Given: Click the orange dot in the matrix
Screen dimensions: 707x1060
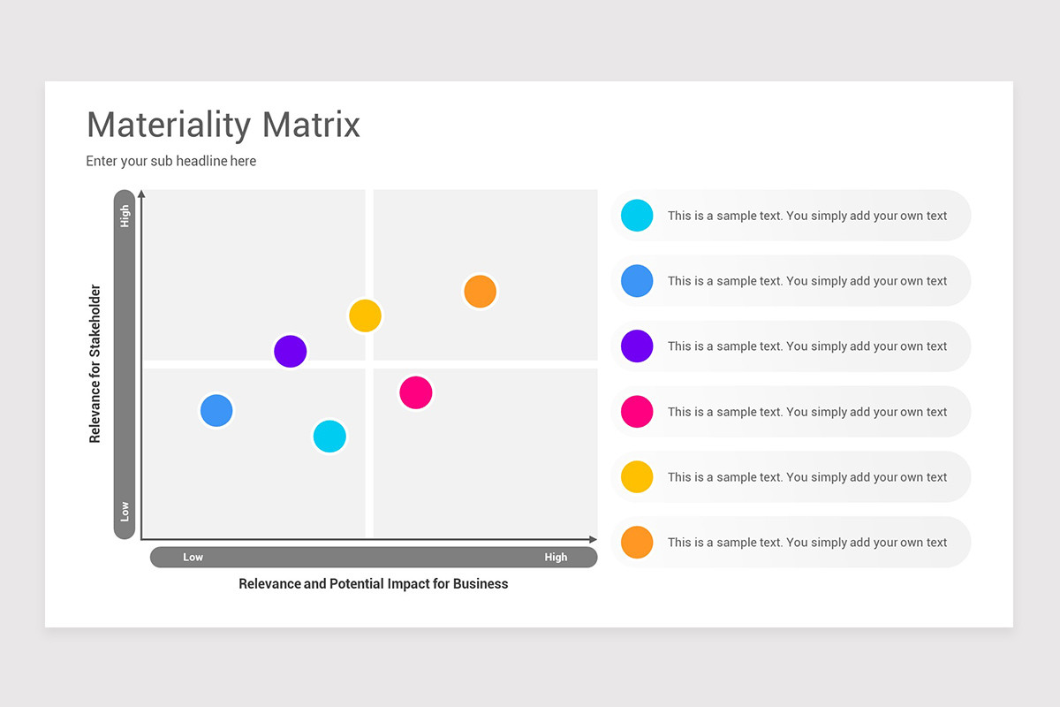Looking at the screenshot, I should pos(480,292).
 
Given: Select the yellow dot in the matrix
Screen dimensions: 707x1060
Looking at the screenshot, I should pos(365,315).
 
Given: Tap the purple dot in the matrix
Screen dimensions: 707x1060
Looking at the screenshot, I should pos(290,352).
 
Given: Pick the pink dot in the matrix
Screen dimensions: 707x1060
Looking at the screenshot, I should pos(416,392).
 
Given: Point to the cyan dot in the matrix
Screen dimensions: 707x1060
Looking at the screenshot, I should pos(329,437).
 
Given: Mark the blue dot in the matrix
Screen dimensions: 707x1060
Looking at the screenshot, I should pos(216,410).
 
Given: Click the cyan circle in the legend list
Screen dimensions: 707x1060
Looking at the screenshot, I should pos(637,216).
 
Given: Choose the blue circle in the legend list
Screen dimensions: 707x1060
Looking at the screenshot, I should pos(637,281).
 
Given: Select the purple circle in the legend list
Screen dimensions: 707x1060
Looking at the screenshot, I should pos(637,346).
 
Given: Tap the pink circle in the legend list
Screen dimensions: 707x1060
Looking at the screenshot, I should pos(637,412).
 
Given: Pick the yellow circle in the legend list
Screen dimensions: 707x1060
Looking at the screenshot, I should pos(637,477).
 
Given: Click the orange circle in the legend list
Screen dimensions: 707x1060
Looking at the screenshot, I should pos(637,543).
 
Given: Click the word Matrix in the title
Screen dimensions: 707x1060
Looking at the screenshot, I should pos(311,125).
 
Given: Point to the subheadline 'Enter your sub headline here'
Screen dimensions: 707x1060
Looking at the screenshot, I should pos(171,161).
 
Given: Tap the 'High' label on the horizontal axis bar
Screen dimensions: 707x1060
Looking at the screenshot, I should pos(556,557).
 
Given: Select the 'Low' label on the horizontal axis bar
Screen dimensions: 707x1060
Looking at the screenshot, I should pos(193,557).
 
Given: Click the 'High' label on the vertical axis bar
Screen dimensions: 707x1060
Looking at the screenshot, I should pos(125,217).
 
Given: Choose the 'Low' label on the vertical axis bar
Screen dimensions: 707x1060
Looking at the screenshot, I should pos(125,511).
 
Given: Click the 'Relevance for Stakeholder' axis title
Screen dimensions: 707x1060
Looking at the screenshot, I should pos(95,363).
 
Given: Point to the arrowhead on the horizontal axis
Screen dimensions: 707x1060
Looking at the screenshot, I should pos(593,539).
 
